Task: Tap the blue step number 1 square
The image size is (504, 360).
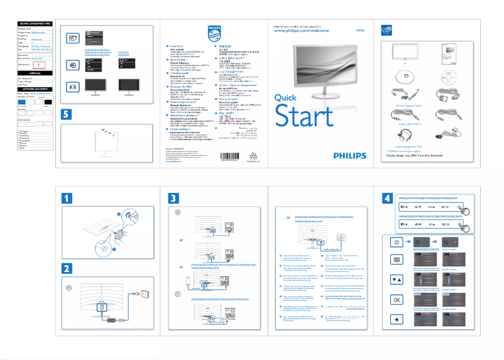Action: [67, 197]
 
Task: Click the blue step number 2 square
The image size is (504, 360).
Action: [67, 266]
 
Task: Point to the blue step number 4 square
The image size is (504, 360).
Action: [388, 197]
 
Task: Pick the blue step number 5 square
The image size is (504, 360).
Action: [67, 114]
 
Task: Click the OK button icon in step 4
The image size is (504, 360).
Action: [397, 299]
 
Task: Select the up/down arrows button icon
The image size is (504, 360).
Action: [397, 279]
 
